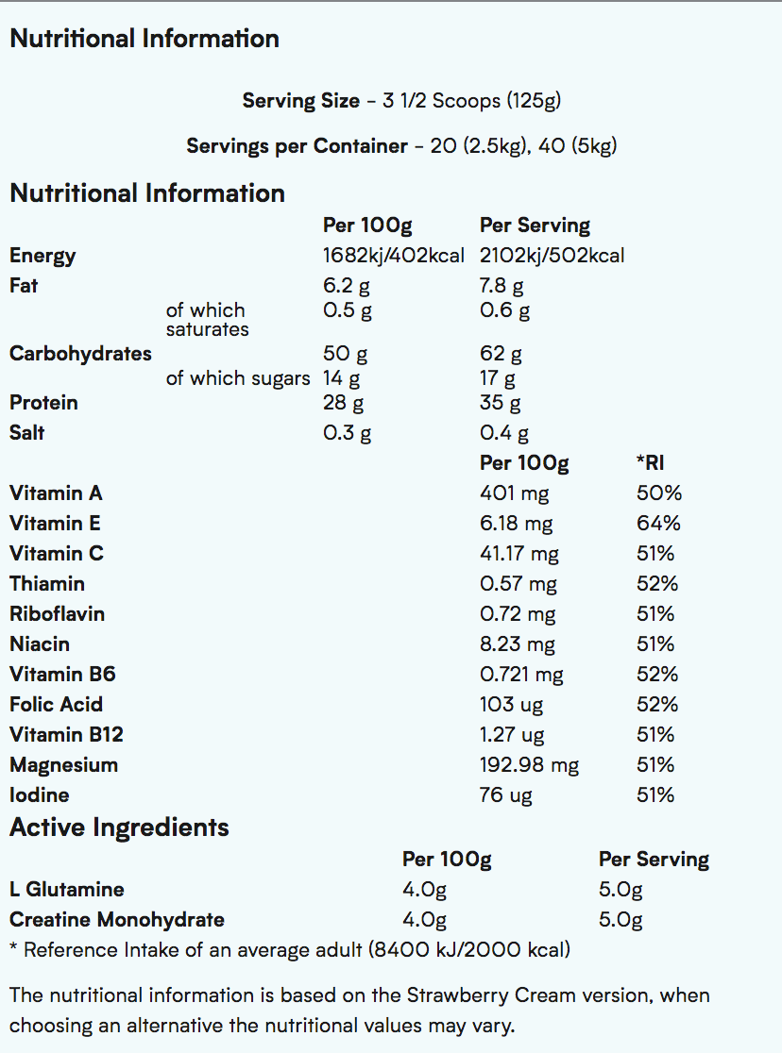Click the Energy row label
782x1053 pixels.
pos(42,256)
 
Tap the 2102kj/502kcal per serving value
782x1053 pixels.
pos(552,256)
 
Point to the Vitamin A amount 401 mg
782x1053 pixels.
pos(514,493)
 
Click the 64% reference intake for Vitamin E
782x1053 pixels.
pos(658,524)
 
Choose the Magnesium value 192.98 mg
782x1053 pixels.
pos(529,765)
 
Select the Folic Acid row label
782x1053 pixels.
pos(56,705)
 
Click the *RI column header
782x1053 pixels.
pos(651,463)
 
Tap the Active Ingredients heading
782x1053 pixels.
pos(119,827)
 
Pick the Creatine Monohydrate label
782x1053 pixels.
pos(117,920)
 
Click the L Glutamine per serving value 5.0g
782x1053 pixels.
pos(620,890)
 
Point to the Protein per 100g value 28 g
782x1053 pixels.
pos(344,403)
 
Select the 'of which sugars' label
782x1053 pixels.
pos(237,378)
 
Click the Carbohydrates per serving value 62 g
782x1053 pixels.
pos(501,354)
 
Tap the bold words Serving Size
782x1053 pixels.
pos(300,101)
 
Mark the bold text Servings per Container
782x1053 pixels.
pos(297,146)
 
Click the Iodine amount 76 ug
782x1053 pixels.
pos(505,795)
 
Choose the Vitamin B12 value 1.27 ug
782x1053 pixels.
pos(512,735)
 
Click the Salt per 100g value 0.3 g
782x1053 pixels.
pos(347,433)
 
